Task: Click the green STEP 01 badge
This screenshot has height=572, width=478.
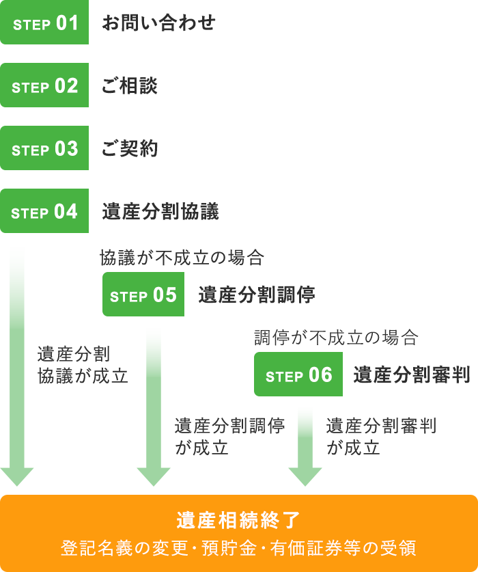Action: pos(44,23)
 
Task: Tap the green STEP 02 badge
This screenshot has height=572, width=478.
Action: pos(44,86)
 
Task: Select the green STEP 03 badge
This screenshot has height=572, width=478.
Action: pos(44,149)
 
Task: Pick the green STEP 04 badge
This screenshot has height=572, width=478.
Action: pos(44,212)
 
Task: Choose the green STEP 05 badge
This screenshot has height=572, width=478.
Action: pos(143,295)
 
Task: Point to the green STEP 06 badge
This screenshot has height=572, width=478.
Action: pos(298,375)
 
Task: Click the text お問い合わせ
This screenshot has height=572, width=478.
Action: pos(158,23)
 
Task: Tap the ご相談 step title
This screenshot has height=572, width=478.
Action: pos(130,86)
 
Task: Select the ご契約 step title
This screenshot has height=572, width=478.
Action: pos(130,149)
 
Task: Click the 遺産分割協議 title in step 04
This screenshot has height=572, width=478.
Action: pos(160,212)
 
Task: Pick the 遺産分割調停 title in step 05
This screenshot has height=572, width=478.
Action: pos(257,295)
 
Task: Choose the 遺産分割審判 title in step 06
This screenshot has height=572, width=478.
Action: pos(411,375)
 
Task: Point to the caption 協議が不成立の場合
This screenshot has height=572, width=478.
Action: pos(182,258)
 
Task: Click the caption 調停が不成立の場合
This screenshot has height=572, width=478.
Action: pos(335,337)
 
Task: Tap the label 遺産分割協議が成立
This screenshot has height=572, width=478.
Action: pos(83,365)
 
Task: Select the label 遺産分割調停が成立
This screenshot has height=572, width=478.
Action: pos(229,436)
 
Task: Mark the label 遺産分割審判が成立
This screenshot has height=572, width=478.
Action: pos(381,436)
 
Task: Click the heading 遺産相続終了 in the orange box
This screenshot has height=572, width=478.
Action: pos(238,521)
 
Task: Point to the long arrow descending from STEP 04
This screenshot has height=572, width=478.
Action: pos(17,362)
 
